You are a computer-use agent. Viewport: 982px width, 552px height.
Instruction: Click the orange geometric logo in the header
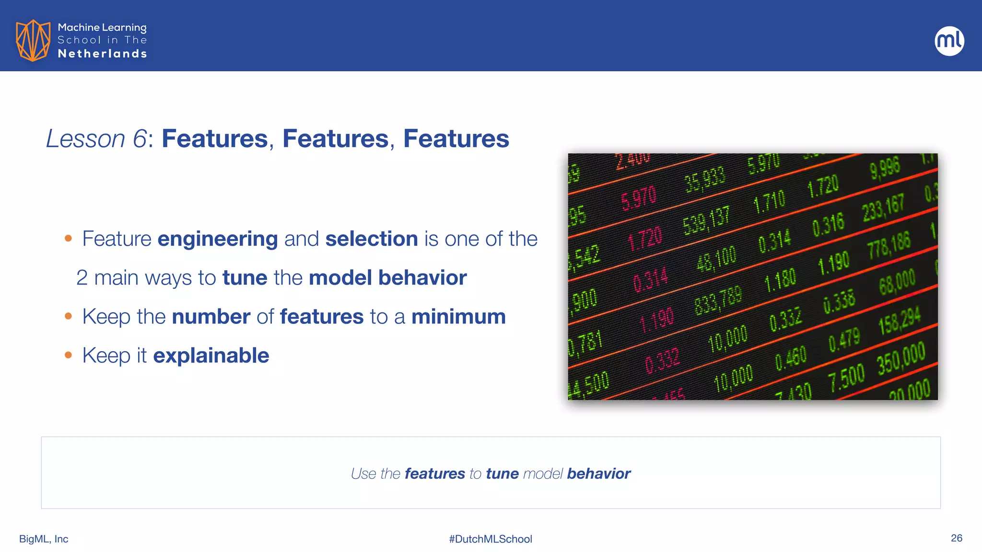coord(33,40)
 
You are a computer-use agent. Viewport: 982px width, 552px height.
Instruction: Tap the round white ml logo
coord(949,41)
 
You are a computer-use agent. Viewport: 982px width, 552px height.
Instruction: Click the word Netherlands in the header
coord(102,54)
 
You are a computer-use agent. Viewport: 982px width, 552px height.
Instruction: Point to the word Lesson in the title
coord(85,139)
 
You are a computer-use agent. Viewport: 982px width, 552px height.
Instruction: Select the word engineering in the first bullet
coord(217,239)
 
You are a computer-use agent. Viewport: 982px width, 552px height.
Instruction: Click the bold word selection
coord(372,239)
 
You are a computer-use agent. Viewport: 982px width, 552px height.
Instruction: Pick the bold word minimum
coord(458,317)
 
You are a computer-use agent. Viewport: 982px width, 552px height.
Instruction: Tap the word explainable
coord(211,356)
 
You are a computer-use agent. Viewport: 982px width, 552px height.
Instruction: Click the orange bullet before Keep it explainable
coord(69,355)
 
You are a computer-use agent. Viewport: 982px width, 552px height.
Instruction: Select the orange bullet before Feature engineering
coord(69,238)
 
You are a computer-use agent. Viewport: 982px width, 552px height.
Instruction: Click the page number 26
coord(956,538)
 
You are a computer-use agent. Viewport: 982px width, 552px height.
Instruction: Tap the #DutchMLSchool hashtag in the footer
coord(491,539)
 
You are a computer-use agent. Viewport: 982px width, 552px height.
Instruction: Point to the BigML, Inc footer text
coord(44,539)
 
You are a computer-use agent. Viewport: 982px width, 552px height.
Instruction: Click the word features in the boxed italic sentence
coord(434,473)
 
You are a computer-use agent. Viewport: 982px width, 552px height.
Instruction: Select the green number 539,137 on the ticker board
coord(706,220)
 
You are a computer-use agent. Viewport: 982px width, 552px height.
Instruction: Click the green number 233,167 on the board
coord(883,208)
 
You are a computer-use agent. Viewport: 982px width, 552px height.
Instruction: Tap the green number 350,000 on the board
coord(901,359)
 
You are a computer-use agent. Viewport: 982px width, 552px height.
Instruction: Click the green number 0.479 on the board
coord(844,340)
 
